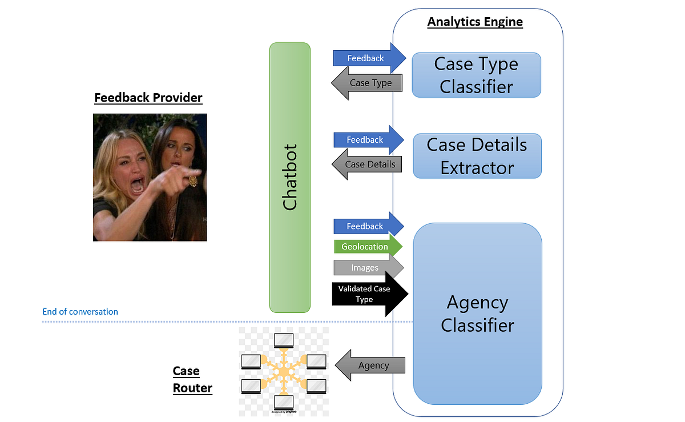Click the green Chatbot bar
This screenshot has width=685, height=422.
pos(290,178)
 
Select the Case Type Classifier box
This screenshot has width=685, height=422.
pos(476,75)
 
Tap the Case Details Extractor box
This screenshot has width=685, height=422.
pos(477,156)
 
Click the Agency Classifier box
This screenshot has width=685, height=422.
pos(477,314)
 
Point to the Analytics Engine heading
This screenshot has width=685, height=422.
pos(475,22)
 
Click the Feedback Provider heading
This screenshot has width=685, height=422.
pos(148,98)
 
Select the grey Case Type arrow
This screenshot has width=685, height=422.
pos(368,83)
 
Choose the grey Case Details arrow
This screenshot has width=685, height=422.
pos(368,164)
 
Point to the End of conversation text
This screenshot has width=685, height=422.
pos(80,312)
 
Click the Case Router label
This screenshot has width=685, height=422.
pos(192,380)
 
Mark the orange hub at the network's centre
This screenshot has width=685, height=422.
pos(283,372)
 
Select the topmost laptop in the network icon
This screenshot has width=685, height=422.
pos(284,341)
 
